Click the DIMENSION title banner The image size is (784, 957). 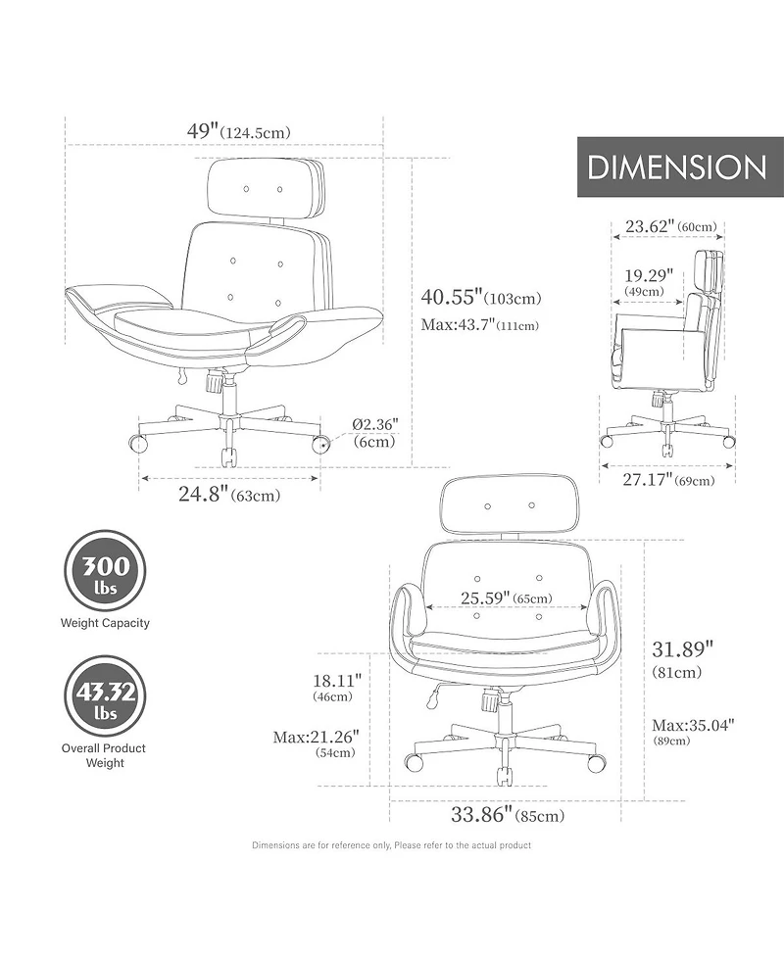tap(680, 167)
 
